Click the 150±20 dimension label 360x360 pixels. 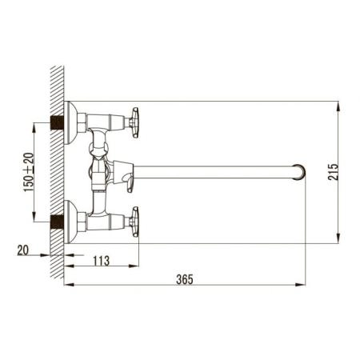click(x=27, y=171)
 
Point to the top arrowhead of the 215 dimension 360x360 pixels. click(x=340, y=105)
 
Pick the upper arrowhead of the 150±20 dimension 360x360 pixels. click(x=34, y=124)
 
